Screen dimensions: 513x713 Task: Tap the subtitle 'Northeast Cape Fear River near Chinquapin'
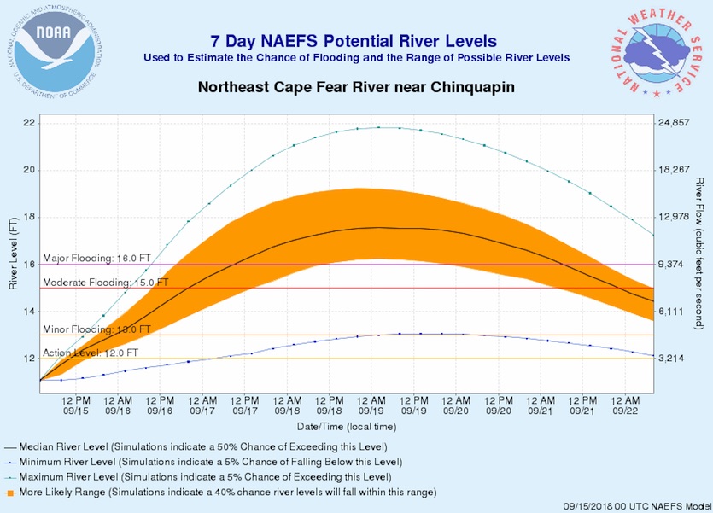pos(356,88)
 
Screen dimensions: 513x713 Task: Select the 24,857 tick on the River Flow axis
pos(677,123)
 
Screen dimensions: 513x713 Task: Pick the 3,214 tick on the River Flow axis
pos(675,359)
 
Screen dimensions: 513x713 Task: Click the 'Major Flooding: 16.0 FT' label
pos(96,259)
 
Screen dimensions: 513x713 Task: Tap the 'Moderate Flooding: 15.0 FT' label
pos(105,283)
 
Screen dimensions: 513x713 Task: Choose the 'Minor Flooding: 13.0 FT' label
pos(96,329)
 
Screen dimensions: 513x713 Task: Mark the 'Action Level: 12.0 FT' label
pos(90,353)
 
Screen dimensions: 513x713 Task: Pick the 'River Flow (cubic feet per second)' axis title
pos(698,254)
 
